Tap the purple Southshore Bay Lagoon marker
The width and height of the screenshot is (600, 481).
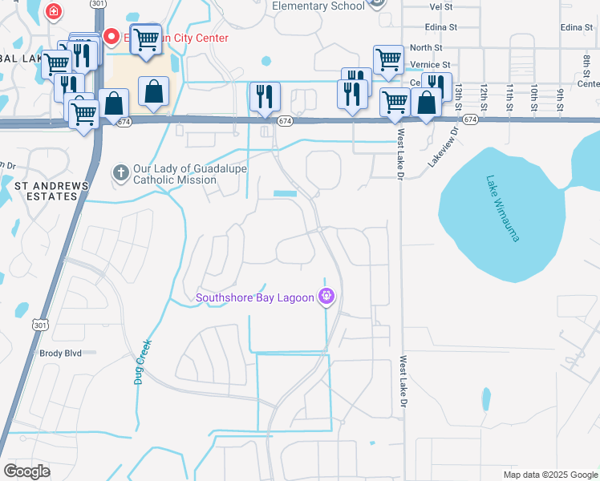326,297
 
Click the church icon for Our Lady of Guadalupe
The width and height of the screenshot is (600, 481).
121,172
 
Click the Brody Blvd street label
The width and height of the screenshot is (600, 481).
61,353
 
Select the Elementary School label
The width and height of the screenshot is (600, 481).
319,6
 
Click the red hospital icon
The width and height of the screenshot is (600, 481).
53,11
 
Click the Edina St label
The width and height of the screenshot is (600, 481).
576,27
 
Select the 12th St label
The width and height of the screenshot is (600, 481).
484,96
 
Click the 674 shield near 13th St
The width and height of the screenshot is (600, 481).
470,119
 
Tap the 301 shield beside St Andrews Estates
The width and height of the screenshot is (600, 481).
40,324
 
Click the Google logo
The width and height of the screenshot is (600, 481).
27,471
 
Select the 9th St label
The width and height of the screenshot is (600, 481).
559,96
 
